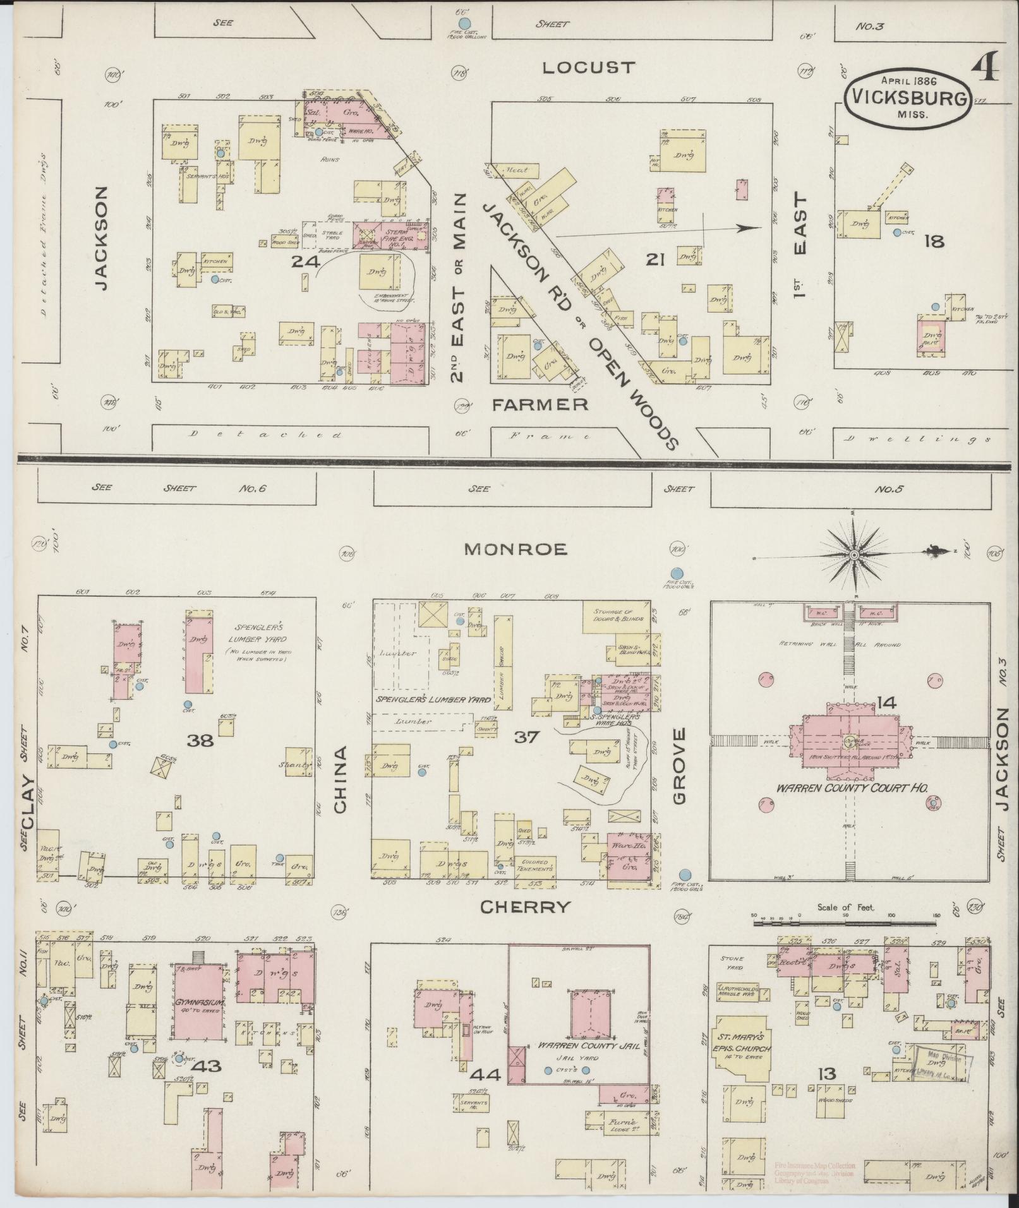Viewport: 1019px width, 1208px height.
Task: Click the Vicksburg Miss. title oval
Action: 908,99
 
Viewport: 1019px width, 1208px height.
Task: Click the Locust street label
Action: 588,68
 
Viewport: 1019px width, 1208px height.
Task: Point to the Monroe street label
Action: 516,549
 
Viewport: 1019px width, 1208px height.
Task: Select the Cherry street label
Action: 525,907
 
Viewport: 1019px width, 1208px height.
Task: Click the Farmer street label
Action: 540,404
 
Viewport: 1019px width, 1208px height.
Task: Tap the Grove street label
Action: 679,766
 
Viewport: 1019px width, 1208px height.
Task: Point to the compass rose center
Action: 853,555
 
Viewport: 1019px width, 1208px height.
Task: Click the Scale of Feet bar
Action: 845,923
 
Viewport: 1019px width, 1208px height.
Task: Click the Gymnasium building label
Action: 199,1002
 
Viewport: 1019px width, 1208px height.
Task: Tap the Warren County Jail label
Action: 581,1046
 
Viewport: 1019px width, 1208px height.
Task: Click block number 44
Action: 487,1075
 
